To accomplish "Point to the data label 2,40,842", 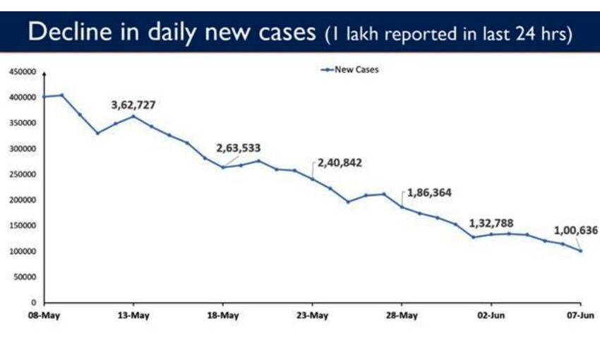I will click(337, 162).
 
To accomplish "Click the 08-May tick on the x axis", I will click(44, 315).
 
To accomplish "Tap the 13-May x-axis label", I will click(133, 315).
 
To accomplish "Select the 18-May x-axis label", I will click(222, 315).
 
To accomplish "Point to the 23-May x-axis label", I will click(312, 315).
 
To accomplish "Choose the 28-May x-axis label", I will click(401, 315).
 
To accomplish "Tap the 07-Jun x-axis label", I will click(579, 315).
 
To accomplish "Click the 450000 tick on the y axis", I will click(22, 71).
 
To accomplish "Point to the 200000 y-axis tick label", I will click(22, 200).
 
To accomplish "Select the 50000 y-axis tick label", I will click(24, 277).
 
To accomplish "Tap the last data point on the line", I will click(580, 251).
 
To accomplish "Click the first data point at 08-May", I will click(44, 96).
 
